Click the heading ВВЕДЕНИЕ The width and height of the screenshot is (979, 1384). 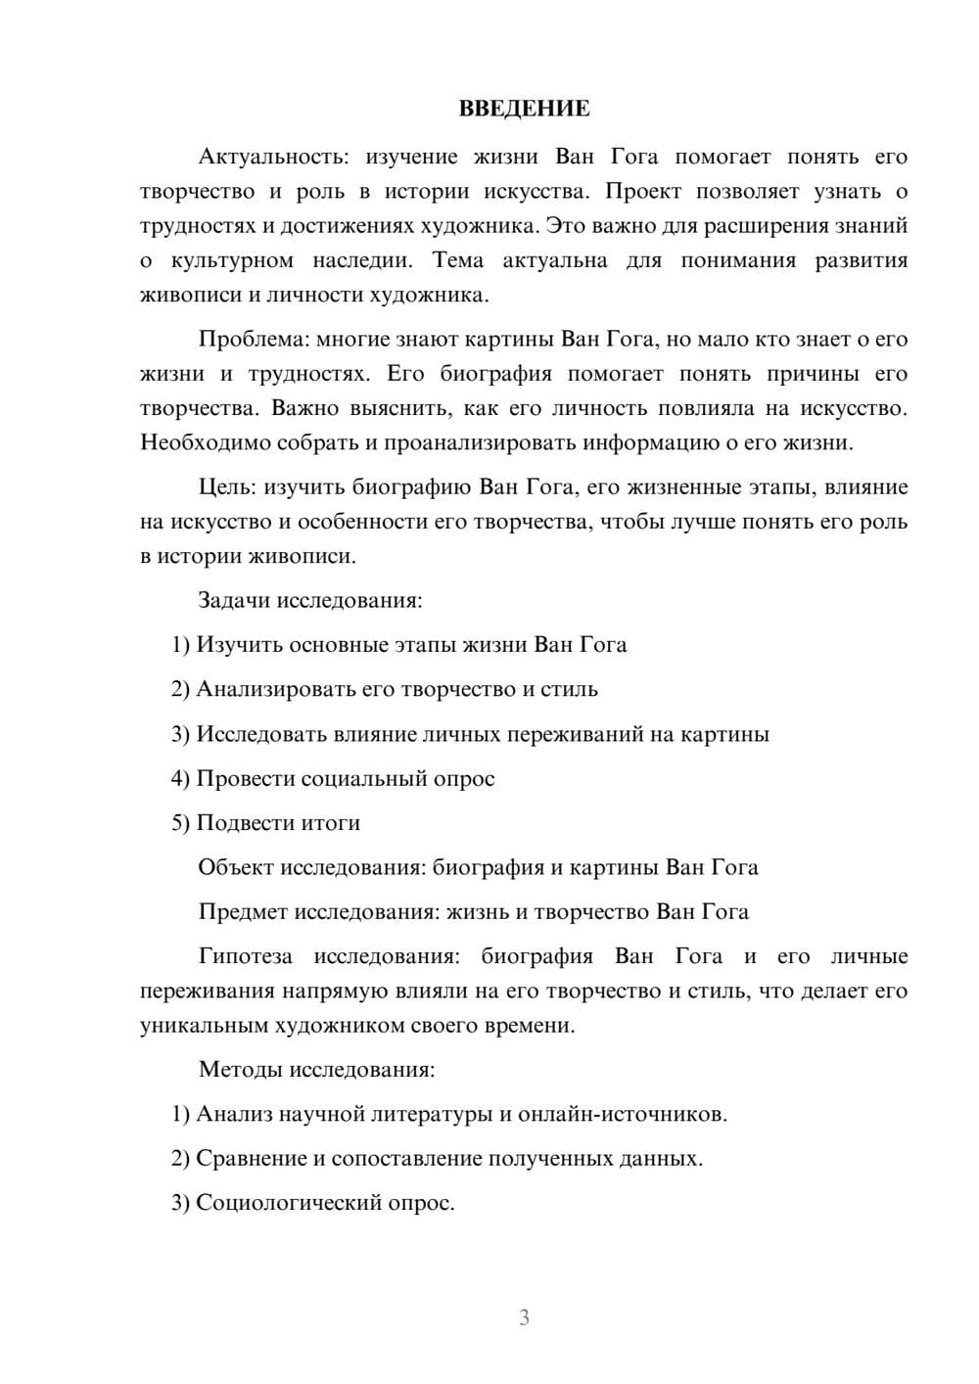coord(524,109)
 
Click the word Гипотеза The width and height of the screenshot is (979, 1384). coord(245,956)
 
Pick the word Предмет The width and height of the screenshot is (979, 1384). coord(243,912)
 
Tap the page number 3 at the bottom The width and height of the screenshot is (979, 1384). coord(524,1317)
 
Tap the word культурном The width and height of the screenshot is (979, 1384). coord(232,260)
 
